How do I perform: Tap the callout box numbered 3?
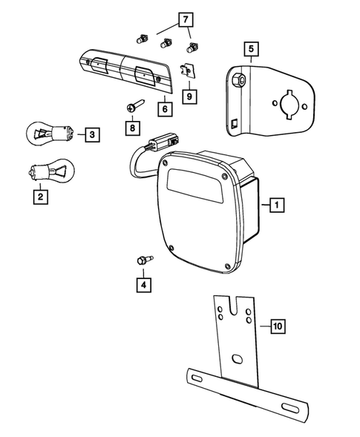tap(91, 134)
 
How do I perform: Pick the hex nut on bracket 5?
tap(234, 77)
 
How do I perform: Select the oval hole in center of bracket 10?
tap(238, 360)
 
